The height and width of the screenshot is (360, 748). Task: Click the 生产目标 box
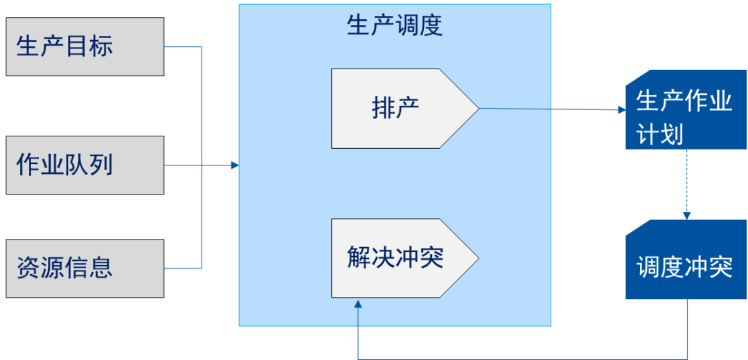(84, 46)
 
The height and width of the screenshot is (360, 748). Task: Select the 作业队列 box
(84, 165)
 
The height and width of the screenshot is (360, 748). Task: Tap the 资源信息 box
(84, 268)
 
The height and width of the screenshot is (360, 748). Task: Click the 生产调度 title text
(395, 26)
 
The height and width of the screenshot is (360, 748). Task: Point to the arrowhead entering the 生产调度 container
(235, 165)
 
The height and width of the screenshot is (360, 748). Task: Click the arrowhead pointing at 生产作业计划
(621, 109)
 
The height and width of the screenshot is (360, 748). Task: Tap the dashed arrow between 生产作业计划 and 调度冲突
(687, 183)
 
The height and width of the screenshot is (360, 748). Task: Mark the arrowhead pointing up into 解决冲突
(358, 304)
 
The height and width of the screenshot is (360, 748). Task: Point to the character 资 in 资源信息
(28, 268)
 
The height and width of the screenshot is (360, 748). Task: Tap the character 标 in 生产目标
(100, 46)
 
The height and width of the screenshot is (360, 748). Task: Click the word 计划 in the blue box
(661, 134)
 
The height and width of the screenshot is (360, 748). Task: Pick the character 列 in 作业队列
(100, 165)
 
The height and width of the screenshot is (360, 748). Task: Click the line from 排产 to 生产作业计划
(547, 109)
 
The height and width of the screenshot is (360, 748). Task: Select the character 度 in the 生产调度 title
(431, 26)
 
